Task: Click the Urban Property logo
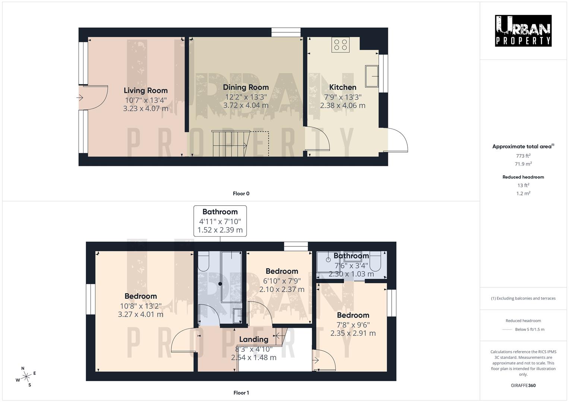pyautogui.click(x=523, y=31)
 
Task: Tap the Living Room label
pyautogui.click(x=145, y=90)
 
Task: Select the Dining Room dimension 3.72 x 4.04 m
pyautogui.click(x=246, y=105)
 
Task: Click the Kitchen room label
pyautogui.click(x=342, y=87)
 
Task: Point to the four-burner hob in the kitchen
pyautogui.click(x=341, y=45)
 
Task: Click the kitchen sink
pyautogui.click(x=372, y=76)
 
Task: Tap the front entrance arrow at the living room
pyautogui.click(x=80, y=98)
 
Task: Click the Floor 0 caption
pyautogui.click(x=241, y=194)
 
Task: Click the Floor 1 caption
pyautogui.click(x=241, y=393)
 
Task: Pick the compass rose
pyautogui.click(x=26, y=377)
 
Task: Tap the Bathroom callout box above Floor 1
pyautogui.click(x=220, y=221)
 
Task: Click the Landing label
pyautogui.click(x=253, y=339)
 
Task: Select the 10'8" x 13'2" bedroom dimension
pyautogui.click(x=140, y=306)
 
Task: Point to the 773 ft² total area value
pyautogui.click(x=523, y=156)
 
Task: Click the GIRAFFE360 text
pyautogui.click(x=523, y=386)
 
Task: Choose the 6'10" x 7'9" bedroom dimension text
pyautogui.click(x=282, y=281)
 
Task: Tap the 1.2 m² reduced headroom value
pyautogui.click(x=523, y=193)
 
